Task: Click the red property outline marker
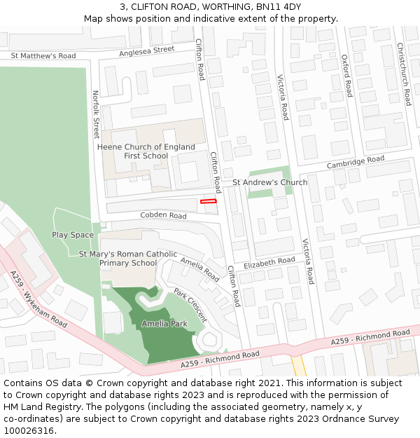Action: [209, 201]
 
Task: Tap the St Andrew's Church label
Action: [269, 182]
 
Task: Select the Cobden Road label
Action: [163, 216]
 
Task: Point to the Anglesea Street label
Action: [146, 50]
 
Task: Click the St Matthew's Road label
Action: [43, 55]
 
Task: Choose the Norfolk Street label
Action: [96, 114]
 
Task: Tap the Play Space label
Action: [73, 235]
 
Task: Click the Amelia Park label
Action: [164, 324]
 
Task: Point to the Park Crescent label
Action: [190, 305]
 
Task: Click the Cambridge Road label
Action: [356, 162]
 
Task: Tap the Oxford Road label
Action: [346, 75]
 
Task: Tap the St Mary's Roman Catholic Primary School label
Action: [128, 259]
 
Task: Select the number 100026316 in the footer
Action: [29, 430]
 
